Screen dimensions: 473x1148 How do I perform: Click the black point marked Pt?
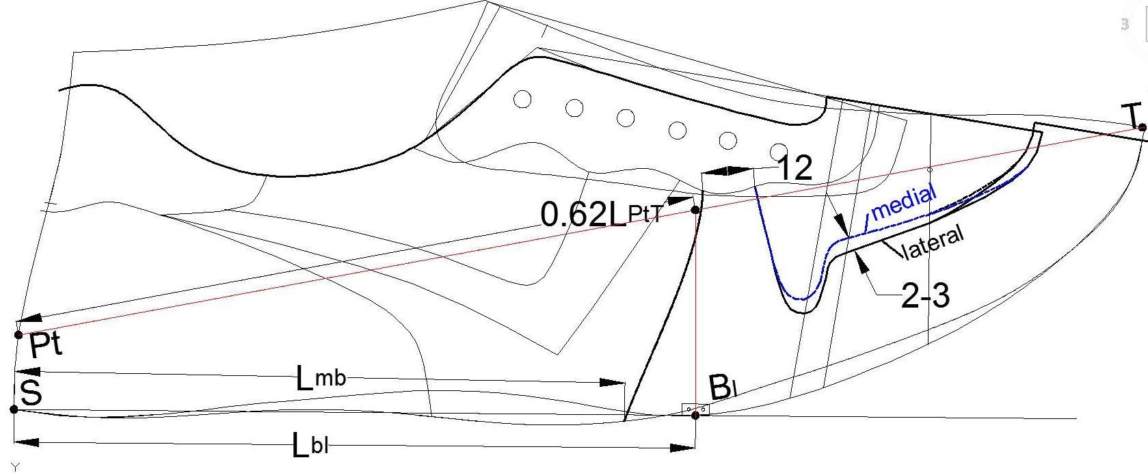19,334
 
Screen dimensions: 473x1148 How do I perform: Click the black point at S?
14,409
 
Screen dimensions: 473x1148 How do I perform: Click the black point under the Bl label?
695,414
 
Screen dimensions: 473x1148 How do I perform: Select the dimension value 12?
795,169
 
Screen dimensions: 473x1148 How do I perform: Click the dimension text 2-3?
925,296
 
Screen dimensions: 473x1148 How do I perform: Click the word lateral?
933,243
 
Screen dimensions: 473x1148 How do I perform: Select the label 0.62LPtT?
600,215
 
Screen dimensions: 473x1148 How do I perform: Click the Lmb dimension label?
320,377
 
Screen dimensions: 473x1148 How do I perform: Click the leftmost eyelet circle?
522,99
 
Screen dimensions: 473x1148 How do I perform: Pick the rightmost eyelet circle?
779,151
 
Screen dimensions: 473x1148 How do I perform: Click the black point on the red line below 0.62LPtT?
695,210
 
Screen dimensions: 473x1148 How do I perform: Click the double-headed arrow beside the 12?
727,170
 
